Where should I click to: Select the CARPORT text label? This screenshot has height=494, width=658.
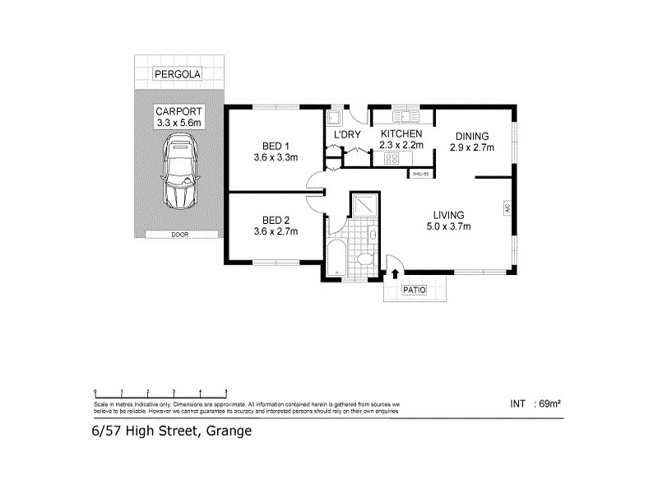(x=178, y=111)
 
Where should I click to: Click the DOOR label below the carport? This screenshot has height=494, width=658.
(x=178, y=235)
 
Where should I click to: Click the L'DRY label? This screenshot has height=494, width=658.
(x=343, y=134)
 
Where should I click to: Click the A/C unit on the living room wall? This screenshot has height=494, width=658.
(x=507, y=210)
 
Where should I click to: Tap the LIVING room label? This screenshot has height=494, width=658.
(x=448, y=214)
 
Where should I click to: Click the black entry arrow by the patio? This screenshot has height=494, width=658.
(x=394, y=274)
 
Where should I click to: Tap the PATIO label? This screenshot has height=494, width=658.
(x=414, y=290)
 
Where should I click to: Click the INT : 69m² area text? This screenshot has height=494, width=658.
(x=535, y=403)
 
